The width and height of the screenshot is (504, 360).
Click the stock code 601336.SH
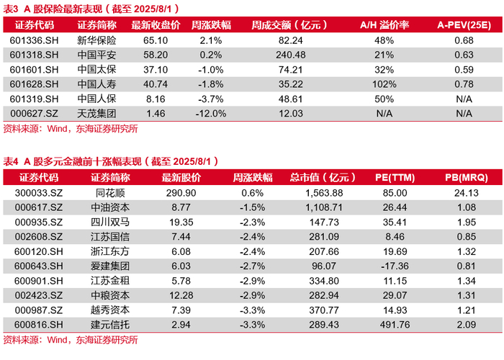[34, 40]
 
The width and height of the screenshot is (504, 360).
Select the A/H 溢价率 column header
[384, 25]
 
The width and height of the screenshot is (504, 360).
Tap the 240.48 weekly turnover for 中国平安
[291, 55]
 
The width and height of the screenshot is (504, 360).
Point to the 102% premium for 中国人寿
[384, 84]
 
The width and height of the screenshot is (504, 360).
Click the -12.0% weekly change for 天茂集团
[211, 114]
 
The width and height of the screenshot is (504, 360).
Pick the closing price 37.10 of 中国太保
[156, 70]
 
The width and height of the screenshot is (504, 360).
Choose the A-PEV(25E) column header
[464, 25]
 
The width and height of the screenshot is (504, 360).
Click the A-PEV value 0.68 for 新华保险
[464, 40]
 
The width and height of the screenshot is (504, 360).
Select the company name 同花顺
[110, 193]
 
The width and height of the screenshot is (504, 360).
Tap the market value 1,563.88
[324, 193]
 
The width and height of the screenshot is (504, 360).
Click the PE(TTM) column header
[395, 177]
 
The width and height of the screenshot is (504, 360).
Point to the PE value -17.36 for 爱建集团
[395, 266]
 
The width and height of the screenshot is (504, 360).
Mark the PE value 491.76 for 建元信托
[395, 325]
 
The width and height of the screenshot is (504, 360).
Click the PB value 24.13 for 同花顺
[467, 193]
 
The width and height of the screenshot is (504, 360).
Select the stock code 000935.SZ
[39, 222]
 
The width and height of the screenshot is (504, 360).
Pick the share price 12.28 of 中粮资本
[181, 295]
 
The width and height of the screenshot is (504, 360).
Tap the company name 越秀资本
[110, 310]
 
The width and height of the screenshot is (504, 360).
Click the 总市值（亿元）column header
[323, 177]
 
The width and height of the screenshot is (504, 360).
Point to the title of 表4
[111, 161]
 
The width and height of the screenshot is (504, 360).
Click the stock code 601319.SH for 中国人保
[34, 99]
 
